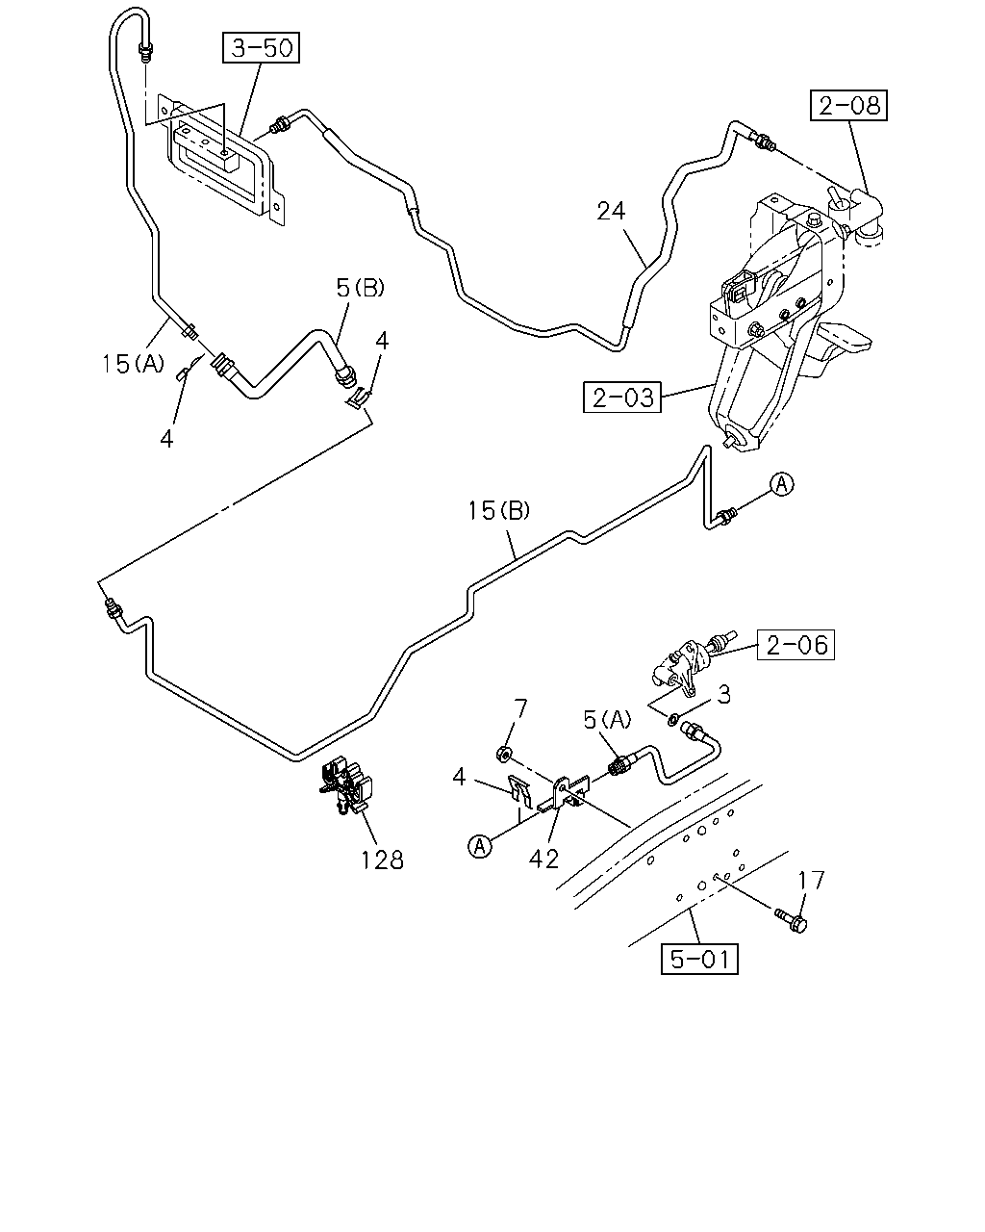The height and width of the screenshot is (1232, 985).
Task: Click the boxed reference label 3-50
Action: (261, 48)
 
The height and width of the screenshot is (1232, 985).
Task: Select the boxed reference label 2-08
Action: (848, 105)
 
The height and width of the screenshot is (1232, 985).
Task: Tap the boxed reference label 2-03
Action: (622, 398)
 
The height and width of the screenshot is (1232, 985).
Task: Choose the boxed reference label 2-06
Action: (796, 645)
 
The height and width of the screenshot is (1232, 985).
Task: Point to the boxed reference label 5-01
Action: (699, 959)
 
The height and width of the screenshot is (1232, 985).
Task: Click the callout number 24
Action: (611, 211)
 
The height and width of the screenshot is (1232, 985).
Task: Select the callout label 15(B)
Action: (498, 511)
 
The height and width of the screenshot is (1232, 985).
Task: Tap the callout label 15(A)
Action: (133, 364)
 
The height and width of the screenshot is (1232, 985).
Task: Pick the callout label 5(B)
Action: (360, 288)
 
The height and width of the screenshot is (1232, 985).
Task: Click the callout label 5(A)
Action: (607, 720)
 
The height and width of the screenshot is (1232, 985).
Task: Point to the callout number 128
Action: (382, 860)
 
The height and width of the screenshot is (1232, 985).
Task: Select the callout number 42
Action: (543, 859)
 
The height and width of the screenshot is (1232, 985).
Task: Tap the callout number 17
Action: (812, 881)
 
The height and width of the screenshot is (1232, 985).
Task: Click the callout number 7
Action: (519, 709)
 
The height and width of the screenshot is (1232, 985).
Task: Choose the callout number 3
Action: (724, 695)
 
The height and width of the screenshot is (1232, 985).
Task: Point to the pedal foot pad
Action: (846, 340)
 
